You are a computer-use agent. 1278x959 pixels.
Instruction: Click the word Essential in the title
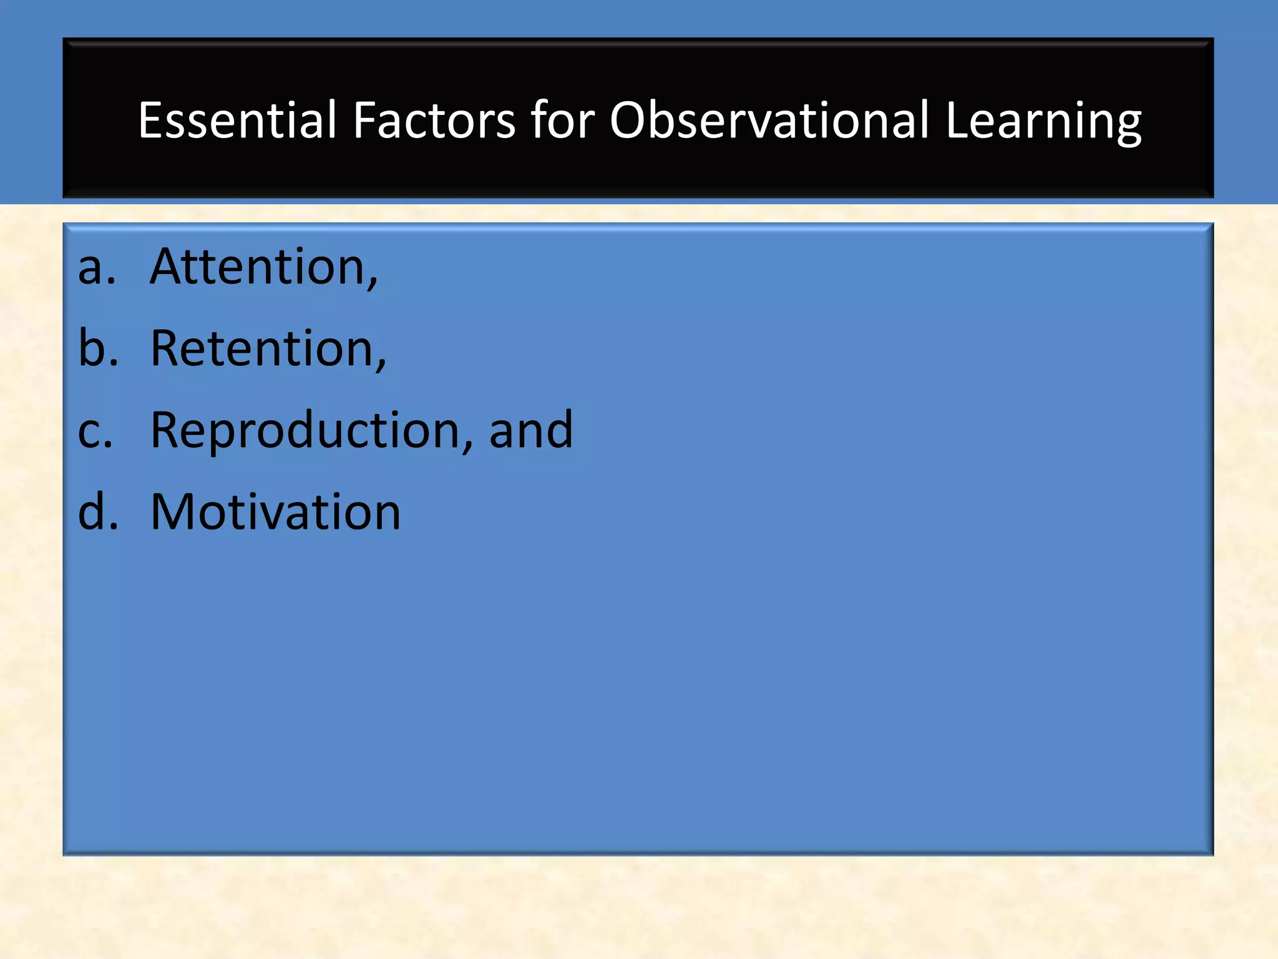click(x=237, y=120)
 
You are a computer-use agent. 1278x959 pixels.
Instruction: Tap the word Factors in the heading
click(x=434, y=120)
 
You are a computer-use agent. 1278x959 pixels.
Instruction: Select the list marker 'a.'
click(x=97, y=267)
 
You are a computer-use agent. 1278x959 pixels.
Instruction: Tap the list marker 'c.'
click(x=95, y=431)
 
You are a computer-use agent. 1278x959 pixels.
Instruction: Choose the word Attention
click(x=258, y=267)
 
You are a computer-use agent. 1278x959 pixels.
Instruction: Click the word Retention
click(x=262, y=348)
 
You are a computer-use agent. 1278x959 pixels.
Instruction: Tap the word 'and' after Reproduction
click(x=530, y=431)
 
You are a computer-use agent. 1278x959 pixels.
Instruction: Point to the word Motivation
click(x=275, y=512)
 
